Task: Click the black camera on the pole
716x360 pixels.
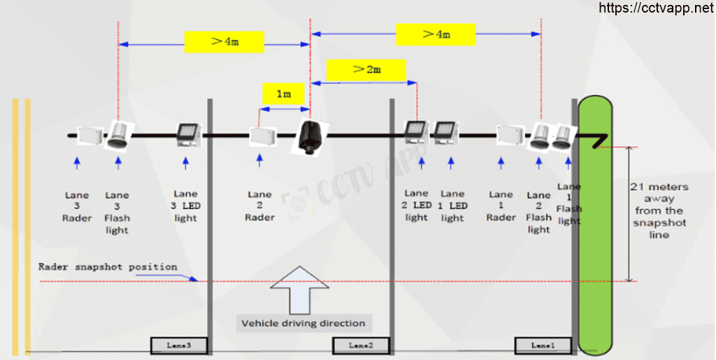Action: point(308,135)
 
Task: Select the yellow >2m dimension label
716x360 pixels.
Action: point(366,69)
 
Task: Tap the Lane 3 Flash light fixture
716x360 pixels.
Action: point(119,134)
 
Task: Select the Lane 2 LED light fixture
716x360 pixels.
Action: point(417,133)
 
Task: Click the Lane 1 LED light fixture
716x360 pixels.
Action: point(445,133)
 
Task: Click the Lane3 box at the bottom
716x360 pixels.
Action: point(179,345)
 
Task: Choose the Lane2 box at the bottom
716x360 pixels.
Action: point(361,345)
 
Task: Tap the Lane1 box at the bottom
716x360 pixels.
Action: point(543,345)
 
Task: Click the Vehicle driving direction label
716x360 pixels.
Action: point(303,324)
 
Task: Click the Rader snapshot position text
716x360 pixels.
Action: point(108,267)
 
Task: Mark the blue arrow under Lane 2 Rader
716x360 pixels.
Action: point(260,159)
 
